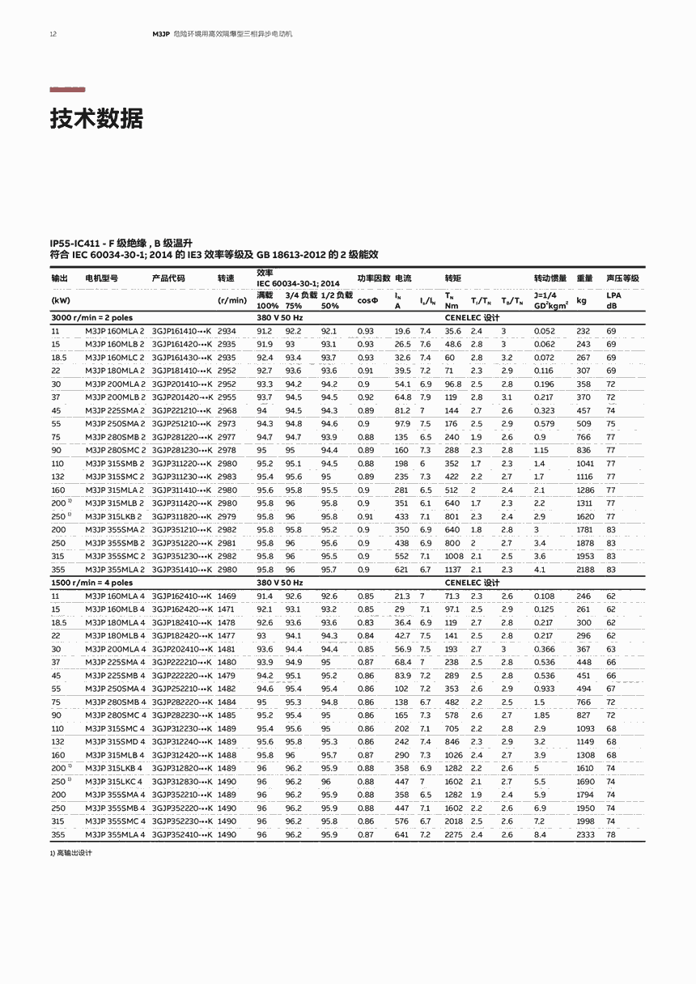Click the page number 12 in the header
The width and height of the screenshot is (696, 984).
(53, 35)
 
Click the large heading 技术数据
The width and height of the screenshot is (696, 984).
(96, 119)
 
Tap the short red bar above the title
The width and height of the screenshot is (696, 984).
(67, 90)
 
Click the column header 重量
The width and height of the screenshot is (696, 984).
(584, 278)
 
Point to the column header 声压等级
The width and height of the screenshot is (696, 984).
(622, 278)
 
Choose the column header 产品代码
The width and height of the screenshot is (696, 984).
(168, 278)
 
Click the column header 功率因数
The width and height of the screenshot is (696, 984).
(374, 278)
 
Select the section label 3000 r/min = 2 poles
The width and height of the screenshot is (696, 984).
(91, 318)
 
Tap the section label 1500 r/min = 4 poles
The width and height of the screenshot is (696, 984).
(91, 583)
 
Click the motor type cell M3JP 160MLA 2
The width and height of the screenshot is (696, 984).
(115, 331)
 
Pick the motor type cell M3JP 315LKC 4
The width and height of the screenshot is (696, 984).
(114, 782)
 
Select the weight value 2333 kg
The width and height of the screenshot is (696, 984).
(584, 834)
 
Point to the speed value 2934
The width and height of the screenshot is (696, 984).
(227, 331)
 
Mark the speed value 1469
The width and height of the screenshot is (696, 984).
(227, 596)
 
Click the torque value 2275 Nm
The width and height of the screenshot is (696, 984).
(454, 834)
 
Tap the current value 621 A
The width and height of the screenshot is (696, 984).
(401, 570)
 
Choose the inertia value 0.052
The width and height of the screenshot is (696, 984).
(544, 331)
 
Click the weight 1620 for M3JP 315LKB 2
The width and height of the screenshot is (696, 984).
(584, 516)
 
